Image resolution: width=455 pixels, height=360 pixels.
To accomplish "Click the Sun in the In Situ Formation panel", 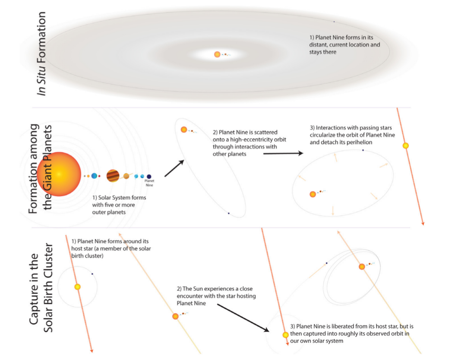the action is point(217,54).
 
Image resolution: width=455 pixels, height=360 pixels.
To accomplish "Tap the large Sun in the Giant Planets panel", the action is point(59,174).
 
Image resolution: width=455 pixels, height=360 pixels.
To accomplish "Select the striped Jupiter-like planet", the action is point(113,176).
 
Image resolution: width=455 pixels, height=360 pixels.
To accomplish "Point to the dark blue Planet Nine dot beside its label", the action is point(149,176).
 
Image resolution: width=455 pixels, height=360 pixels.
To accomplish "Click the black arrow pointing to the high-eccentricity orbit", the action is point(174,168).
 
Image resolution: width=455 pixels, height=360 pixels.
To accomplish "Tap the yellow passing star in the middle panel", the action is point(405,145).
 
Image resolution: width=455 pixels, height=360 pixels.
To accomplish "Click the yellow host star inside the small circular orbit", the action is point(78,287).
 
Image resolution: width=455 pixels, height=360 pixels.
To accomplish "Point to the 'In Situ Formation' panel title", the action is point(41,54).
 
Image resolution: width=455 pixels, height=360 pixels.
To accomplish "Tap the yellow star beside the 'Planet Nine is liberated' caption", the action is point(285,335).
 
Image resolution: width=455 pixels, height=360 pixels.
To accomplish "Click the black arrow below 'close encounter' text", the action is point(242,317).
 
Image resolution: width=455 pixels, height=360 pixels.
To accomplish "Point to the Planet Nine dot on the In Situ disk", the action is point(334,22).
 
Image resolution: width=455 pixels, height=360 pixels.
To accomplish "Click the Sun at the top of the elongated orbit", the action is point(184,129).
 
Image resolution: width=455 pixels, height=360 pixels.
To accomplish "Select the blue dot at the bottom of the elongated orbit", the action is point(228,213).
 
